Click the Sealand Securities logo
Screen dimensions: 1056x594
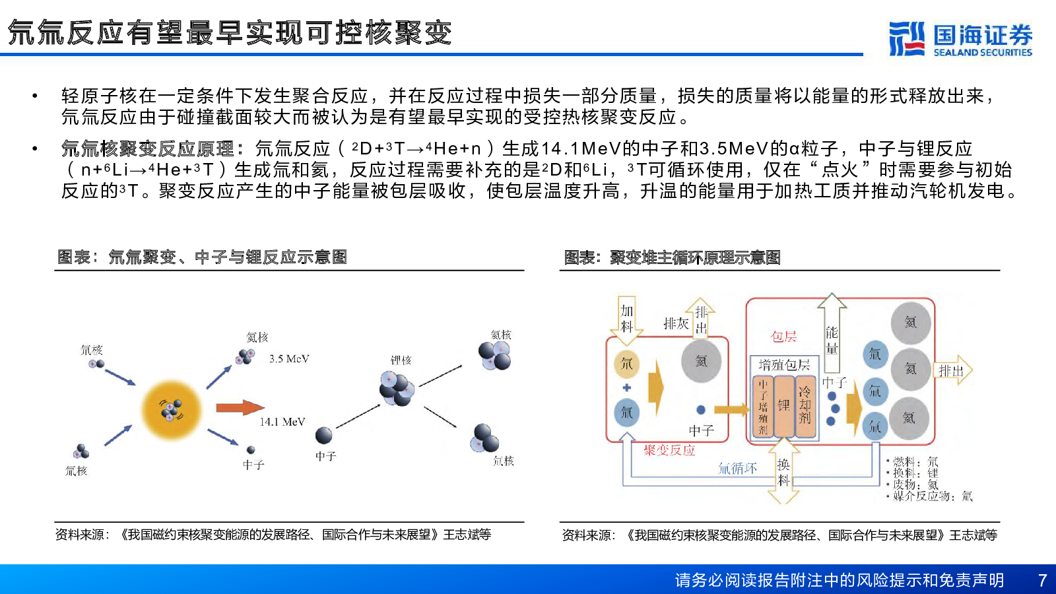[960, 39]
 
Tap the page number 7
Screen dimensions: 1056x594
[1042, 579]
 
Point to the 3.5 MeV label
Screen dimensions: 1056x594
[289, 359]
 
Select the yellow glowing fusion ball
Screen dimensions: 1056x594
[172, 410]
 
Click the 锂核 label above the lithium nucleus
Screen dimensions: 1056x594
[401, 360]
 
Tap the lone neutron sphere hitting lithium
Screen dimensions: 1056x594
[323, 435]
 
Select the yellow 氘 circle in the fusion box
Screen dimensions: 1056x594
[626, 364]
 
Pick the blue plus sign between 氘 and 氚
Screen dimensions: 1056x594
[626, 388]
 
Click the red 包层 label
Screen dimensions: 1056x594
[783, 337]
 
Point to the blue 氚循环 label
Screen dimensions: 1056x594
[737, 469]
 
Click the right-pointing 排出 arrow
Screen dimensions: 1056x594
[953, 370]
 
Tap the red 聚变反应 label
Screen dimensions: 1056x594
[669, 451]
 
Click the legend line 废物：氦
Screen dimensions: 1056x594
[913, 484]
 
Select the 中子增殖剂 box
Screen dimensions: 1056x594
[763, 406]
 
